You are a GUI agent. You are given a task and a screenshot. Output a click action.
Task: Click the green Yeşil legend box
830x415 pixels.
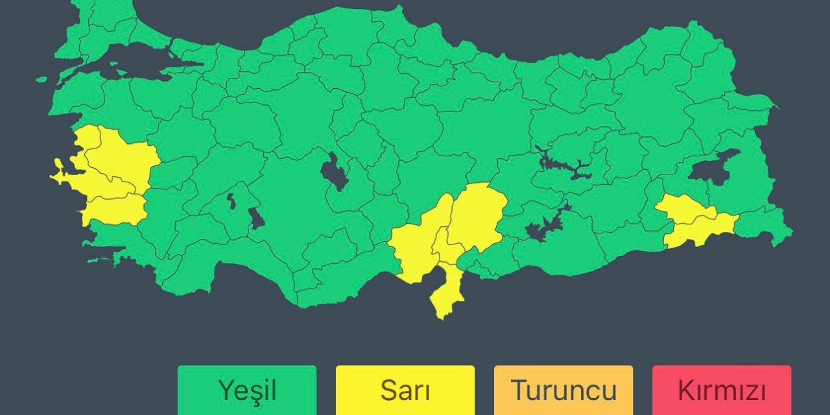pos(247,390)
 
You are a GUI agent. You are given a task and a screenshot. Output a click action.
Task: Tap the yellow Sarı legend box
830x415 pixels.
pos(405,390)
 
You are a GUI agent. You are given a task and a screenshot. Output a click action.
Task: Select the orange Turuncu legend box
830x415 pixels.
pos(563,390)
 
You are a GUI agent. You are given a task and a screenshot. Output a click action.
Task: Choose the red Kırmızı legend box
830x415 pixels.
pos(721,390)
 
